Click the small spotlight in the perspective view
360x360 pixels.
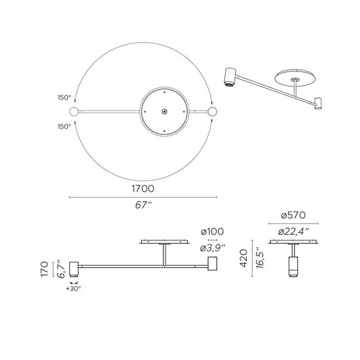319,103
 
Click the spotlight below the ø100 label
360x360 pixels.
212,264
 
